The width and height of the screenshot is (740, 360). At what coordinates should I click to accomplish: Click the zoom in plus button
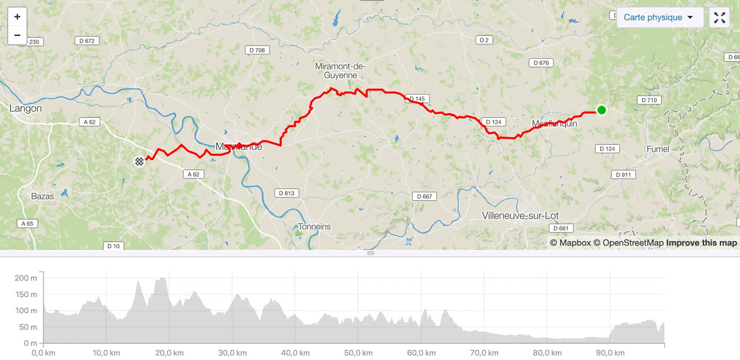(17, 17)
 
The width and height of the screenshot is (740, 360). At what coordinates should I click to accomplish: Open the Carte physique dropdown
(659, 17)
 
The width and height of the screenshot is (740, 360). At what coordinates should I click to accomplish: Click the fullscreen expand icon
(719, 18)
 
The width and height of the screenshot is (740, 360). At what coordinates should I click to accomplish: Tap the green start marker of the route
(601, 110)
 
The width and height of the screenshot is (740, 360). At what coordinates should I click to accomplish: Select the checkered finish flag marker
(139, 161)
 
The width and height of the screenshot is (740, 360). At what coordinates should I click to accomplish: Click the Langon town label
(25, 108)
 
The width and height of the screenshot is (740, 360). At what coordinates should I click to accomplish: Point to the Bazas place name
(43, 196)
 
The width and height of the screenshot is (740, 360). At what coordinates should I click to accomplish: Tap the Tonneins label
(315, 226)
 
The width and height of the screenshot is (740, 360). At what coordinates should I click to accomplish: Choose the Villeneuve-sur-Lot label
(520, 216)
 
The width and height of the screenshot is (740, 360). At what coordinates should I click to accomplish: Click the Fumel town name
(658, 149)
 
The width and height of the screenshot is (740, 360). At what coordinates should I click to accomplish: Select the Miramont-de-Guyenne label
(341, 71)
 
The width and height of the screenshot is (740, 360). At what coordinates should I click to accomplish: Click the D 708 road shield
(257, 50)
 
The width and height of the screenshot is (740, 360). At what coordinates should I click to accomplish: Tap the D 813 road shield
(287, 193)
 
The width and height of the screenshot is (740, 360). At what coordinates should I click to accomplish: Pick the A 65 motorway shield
(27, 223)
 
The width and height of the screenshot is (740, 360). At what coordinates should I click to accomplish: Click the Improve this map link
(701, 243)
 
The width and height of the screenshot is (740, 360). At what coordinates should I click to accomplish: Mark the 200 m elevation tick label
(26, 278)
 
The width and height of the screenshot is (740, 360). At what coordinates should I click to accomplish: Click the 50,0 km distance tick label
(358, 353)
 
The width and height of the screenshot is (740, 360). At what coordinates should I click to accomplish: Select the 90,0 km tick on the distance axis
(610, 353)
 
